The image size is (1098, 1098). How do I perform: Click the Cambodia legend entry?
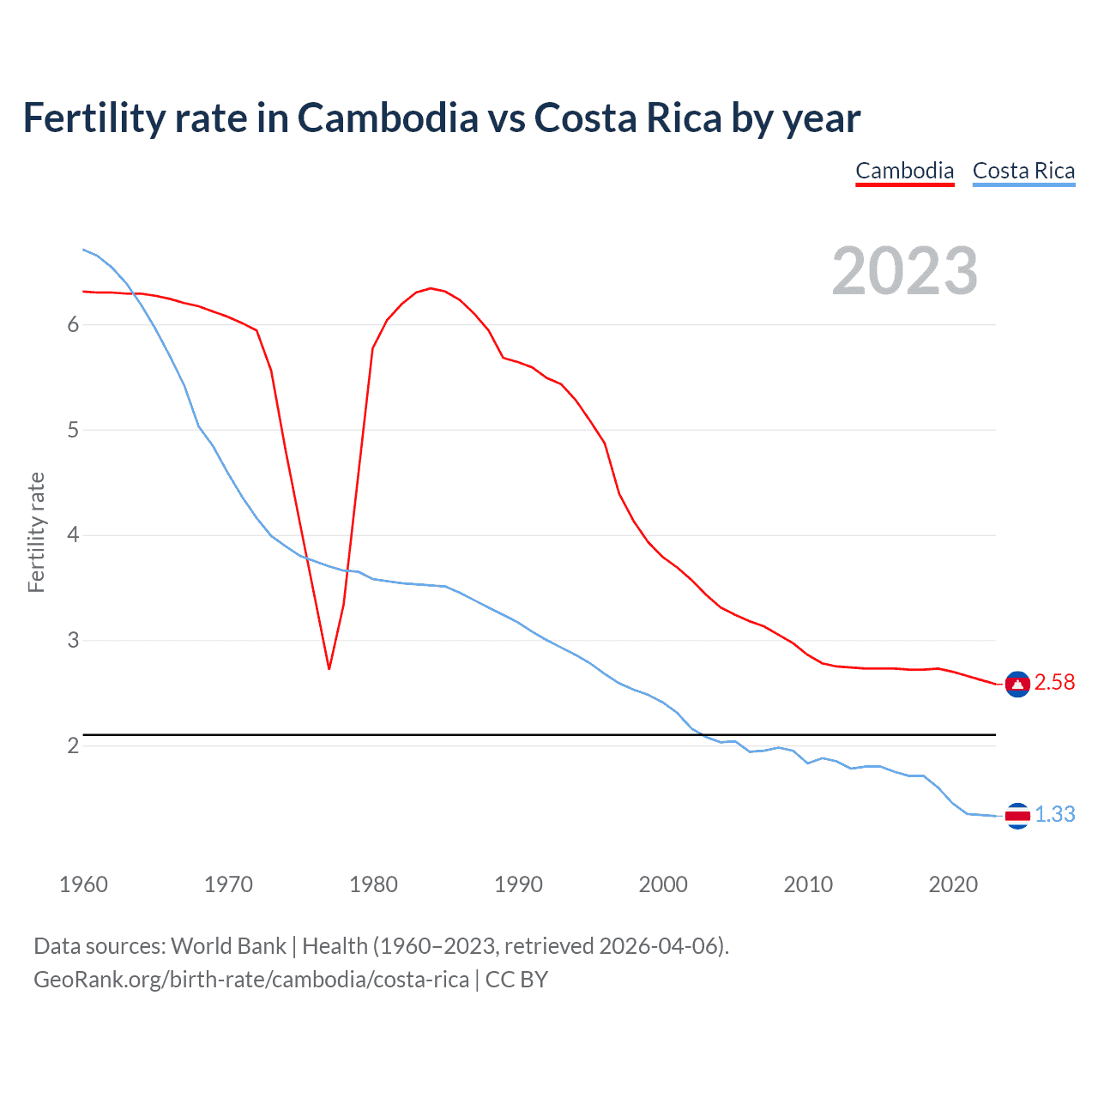click(x=904, y=171)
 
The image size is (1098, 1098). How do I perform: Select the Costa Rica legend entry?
click(x=1023, y=171)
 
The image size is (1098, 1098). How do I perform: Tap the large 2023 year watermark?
click(x=904, y=271)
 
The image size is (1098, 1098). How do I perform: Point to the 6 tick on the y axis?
click(x=73, y=324)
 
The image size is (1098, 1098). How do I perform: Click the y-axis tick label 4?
click(x=73, y=535)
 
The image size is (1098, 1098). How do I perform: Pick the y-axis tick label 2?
click(x=73, y=745)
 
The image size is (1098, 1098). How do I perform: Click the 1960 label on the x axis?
click(x=83, y=884)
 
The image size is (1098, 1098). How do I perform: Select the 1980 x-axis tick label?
click(x=373, y=884)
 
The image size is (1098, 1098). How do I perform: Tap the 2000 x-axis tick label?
click(x=663, y=884)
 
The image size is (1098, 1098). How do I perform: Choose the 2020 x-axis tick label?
click(x=953, y=884)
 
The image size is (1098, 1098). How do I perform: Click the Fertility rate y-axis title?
click(x=36, y=532)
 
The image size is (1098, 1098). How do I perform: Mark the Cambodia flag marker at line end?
click(x=1017, y=684)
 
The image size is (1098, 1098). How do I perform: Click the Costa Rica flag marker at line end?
click(x=1017, y=816)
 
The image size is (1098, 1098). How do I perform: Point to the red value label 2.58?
click(x=1054, y=682)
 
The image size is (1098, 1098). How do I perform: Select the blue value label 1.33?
click(x=1054, y=814)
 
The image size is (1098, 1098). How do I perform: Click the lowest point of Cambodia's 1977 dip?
click(x=329, y=668)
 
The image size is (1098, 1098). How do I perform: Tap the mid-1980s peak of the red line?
click(x=431, y=288)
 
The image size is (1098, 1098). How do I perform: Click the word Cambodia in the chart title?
click(x=388, y=118)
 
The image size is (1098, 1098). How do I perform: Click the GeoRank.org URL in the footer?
click(x=251, y=980)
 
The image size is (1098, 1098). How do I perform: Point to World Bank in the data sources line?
click(x=228, y=946)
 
